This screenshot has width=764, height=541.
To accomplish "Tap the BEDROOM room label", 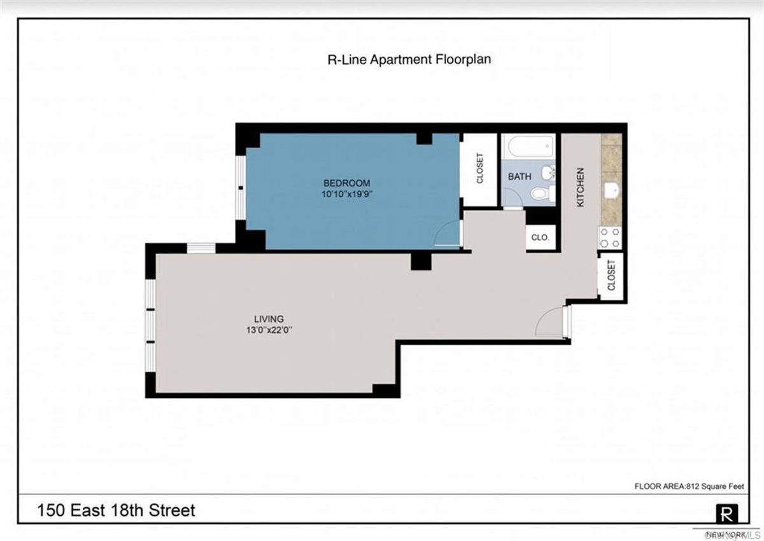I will point(346,183).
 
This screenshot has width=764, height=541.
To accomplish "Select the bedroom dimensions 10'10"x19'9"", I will point(346,195).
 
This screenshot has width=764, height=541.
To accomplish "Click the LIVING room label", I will point(269,319).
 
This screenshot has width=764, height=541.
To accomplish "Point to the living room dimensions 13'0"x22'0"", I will point(269,330).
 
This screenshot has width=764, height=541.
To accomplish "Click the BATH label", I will point(520,176).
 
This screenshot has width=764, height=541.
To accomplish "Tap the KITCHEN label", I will point(580,187).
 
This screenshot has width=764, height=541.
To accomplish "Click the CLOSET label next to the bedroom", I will point(479,169).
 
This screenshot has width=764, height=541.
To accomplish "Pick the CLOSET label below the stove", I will point(611,275).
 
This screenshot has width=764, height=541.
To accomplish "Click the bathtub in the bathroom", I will point(528,147).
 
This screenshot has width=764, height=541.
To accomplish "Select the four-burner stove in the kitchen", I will point(610,238).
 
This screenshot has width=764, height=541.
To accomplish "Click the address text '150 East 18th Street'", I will point(116,510).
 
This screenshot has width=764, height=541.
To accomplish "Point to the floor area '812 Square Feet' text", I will point(689,487).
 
